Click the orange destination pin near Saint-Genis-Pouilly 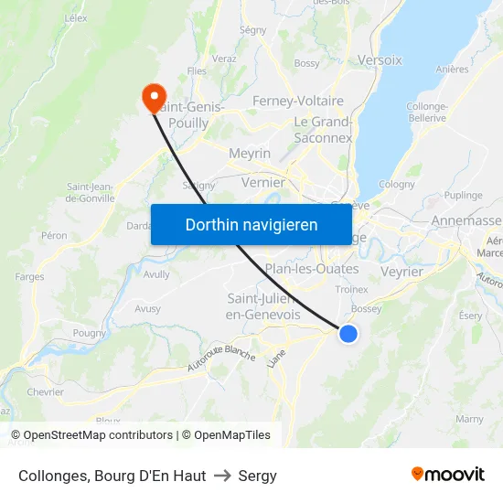click(153, 96)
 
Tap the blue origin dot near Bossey click(348, 334)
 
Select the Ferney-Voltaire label click(298, 101)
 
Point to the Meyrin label click(250, 154)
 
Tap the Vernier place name click(263, 182)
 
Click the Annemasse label click(466, 220)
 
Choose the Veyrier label click(401, 272)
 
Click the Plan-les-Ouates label click(311, 268)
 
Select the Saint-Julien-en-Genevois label click(262, 306)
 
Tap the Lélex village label click(76, 17)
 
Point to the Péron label click(54, 235)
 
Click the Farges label click(29, 276)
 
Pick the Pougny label click(90, 333)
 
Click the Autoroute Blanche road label click(221, 358)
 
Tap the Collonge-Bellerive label click(427, 112)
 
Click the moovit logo click(448, 474)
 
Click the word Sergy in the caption click(258, 476)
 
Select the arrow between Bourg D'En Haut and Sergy click(222, 476)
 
